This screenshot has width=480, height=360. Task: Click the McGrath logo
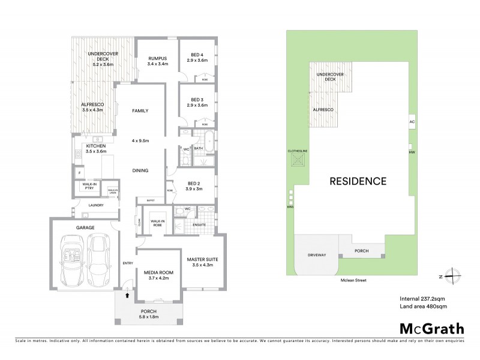(x=432, y=328)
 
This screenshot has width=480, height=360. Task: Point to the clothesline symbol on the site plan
(x=298, y=160)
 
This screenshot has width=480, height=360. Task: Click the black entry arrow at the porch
(x=127, y=294)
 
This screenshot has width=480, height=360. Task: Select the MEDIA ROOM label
(x=158, y=272)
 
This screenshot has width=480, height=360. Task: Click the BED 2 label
(x=194, y=183)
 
